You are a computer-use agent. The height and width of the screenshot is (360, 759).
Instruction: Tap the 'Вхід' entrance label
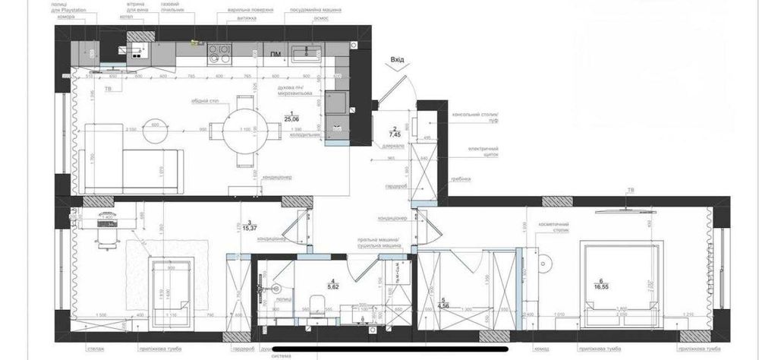397,58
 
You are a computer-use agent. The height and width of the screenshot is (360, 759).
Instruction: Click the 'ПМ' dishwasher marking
275,54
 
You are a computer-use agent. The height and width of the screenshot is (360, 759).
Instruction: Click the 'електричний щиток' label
483,150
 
